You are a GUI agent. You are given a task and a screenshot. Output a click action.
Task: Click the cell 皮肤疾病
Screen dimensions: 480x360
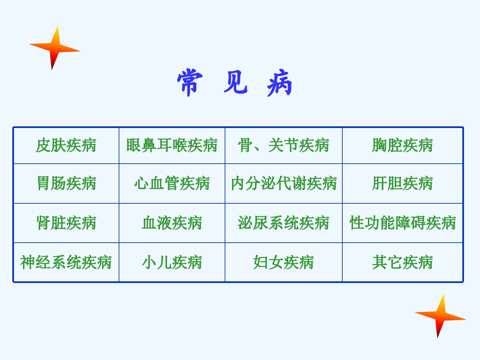66,145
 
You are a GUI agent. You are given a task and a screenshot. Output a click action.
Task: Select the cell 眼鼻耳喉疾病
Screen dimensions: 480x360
172,145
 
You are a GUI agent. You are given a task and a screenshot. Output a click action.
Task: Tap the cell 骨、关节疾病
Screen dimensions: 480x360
284,145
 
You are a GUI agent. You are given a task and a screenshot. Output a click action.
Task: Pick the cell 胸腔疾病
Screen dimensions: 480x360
403,145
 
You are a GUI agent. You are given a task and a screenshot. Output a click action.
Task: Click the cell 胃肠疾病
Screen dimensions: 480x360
66,183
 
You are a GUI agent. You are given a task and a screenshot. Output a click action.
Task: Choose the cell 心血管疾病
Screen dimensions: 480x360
172,183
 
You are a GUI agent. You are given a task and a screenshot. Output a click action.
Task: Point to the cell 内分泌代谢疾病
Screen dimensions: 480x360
284,183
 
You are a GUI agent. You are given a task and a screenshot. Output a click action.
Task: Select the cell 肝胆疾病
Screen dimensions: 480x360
403,183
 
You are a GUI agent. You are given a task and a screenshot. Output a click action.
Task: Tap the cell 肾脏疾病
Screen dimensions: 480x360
66,223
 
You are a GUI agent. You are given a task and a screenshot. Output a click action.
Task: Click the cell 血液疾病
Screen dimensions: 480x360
172,223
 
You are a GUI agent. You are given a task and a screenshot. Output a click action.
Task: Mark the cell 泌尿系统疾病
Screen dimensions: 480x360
284,223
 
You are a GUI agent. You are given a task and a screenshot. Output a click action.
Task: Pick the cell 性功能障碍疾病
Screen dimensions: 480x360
403,223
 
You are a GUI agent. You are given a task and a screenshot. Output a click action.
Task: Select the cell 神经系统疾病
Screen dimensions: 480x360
66,262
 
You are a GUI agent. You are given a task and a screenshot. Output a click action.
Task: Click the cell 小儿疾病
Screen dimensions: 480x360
172,262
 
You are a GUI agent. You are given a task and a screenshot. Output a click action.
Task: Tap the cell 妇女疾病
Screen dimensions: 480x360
284,262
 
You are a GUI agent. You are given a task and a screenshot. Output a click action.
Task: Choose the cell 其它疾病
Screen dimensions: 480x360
403,262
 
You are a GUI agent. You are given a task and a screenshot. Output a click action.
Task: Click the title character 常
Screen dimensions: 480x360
190,82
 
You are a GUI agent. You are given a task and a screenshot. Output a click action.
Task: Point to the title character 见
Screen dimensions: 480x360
236,82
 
